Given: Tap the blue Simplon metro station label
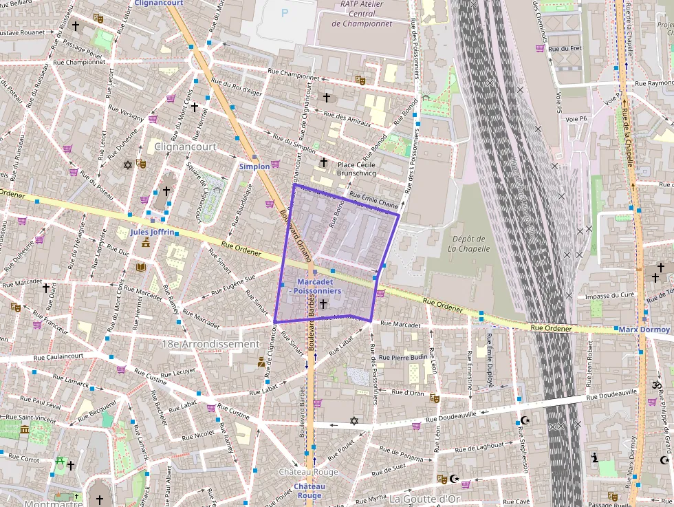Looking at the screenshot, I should tap(254, 166).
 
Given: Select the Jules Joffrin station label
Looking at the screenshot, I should tap(152, 233).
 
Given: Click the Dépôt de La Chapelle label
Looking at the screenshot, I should tap(468, 244).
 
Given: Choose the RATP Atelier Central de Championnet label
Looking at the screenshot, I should tap(362, 14).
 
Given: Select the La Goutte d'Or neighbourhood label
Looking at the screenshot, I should tap(424, 499).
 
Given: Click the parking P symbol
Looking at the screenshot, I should tap(285, 12).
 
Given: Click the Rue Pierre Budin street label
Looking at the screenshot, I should tap(404, 358).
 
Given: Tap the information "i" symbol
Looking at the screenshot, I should tap(595, 457).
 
